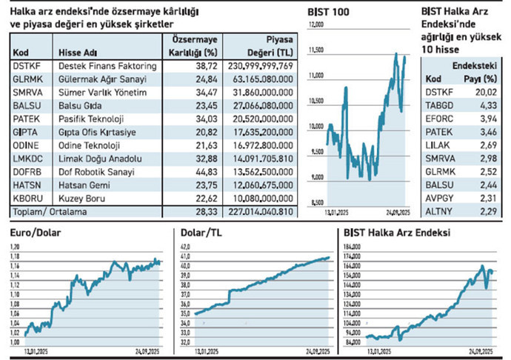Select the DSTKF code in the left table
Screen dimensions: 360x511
[x=26, y=66]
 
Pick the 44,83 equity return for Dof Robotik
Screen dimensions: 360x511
[x=204, y=172]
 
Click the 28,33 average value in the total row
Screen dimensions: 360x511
[x=204, y=212]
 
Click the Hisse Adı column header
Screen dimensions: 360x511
[x=78, y=52]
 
